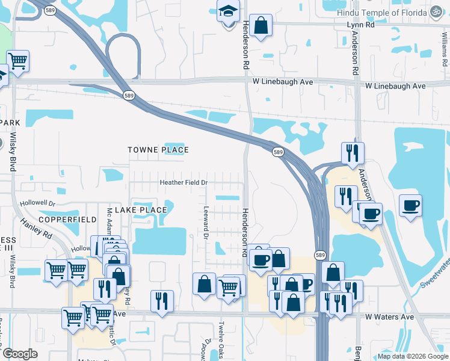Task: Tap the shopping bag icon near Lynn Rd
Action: [261, 26]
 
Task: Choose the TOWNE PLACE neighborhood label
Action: [158, 150]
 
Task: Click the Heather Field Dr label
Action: [183, 182]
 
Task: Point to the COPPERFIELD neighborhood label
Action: [68, 220]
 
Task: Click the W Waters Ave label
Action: [389, 317]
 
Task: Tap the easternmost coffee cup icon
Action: [411, 206]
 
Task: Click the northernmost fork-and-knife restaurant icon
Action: [352, 153]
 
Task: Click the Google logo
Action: [20, 354]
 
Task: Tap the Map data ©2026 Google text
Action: [413, 356]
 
